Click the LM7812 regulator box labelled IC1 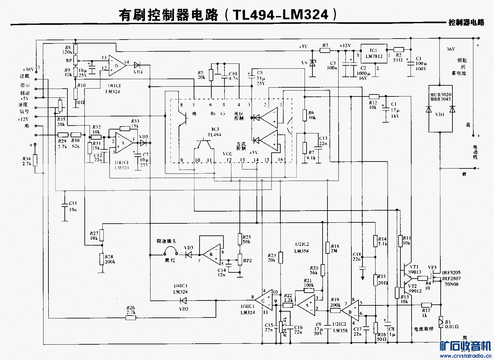373,53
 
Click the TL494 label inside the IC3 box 214,135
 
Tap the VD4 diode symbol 137,65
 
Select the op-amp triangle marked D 117,65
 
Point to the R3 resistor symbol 325,50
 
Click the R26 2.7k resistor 131,317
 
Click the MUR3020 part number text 440,95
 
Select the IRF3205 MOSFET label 451,272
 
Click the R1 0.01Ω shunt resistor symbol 440,320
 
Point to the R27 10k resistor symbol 102,235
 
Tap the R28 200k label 110,259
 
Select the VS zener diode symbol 312,63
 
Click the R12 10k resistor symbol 374,96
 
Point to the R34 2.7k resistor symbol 35,160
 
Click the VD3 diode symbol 189,254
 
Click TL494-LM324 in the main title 280,14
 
